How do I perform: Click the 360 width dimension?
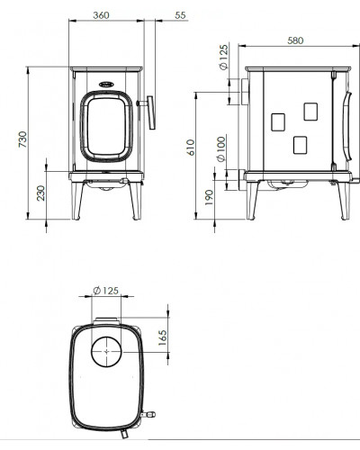(101, 15)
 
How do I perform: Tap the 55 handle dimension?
(180, 15)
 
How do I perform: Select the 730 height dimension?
(22, 139)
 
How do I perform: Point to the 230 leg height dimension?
(40, 193)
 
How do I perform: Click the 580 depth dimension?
(295, 40)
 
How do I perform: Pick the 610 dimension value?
(191, 148)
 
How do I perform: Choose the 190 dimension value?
(209, 197)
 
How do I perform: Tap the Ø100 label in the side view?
(221, 149)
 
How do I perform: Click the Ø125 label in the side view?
(224, 57)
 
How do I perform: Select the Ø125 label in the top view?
(106, 291)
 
